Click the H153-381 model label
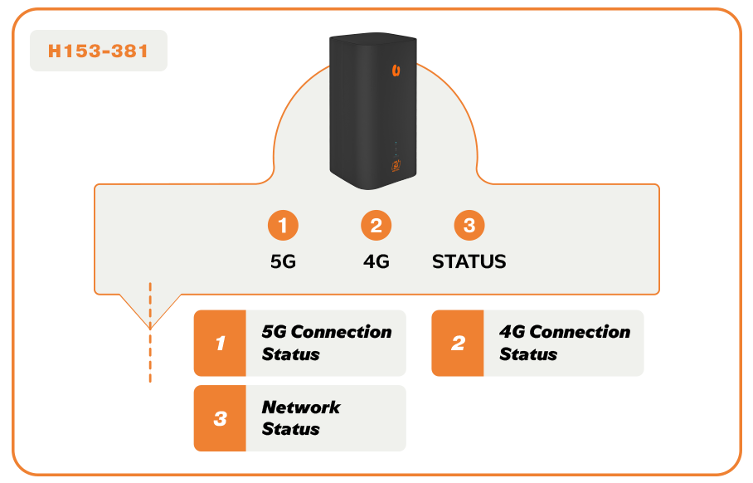pos(98,51)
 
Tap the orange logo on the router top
pos(396,71)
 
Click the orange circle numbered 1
pos(283,226)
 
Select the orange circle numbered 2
pos(376,226)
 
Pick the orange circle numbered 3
pos(469,226)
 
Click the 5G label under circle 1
pos(283,261)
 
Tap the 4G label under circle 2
pos(376,261)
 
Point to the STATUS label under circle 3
pos(469,261)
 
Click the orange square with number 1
pos(220,343)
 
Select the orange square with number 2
pos(458,343)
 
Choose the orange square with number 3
pos(220,418)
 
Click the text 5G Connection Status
pos(326,343)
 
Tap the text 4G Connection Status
pos(564,343)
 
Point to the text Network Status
pos(300,418)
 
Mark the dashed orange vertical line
pos(150,332)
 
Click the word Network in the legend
pos(300,407)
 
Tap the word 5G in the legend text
pos(274,332)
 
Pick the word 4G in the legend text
pos(512,332)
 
